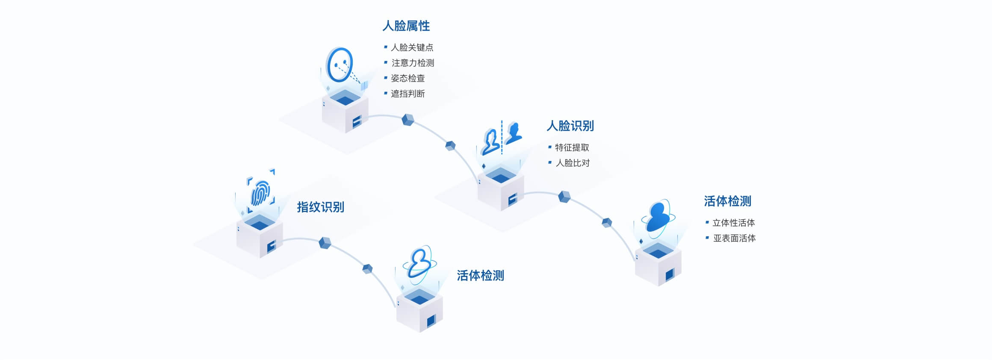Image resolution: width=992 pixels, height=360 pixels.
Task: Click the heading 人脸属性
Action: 406,26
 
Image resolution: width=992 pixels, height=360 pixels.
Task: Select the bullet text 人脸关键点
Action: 412,47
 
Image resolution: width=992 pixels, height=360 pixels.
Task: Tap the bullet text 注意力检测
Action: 413,63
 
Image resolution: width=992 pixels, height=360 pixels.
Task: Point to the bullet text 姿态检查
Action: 407,78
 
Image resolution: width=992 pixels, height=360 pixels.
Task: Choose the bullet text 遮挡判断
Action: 407,94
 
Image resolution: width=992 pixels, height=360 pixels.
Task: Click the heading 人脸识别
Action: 570,126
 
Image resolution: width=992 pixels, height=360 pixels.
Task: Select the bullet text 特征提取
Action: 572,148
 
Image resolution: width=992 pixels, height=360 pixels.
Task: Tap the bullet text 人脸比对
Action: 572,163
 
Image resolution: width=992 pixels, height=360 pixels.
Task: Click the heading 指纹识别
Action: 320,207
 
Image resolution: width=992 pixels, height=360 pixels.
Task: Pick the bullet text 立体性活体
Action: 733,223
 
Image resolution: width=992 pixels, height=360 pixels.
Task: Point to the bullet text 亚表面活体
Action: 734,238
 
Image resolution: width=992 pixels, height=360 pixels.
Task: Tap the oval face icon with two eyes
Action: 340,65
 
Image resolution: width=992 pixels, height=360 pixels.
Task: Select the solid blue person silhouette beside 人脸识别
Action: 513,133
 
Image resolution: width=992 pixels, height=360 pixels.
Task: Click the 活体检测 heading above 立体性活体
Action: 727,201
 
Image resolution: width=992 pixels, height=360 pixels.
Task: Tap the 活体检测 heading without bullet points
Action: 480,276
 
